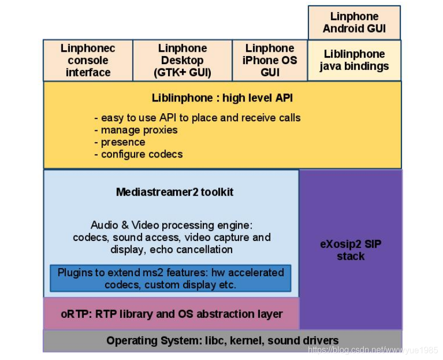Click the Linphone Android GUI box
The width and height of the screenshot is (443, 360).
click(x=354, y=22)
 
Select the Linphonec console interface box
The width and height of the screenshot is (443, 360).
click(x=88, y=60)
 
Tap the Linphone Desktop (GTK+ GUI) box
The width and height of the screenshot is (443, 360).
click(x=183, y=60)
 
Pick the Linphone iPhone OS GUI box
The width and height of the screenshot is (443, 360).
click(x=270, y=60)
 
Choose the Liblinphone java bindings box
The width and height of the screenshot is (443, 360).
click(x=354, y=60)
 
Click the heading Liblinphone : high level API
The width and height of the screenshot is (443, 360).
click(x=222, y=98)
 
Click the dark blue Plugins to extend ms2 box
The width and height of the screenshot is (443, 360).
click(x=170, y=278)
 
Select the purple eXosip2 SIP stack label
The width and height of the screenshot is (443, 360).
click(x=351, y=250)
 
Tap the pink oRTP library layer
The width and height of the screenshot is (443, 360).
click(x=171, y=314)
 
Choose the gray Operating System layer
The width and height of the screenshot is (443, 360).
click(x=222, y=341)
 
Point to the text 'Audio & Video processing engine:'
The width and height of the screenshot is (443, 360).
click(x=171, y=225)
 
